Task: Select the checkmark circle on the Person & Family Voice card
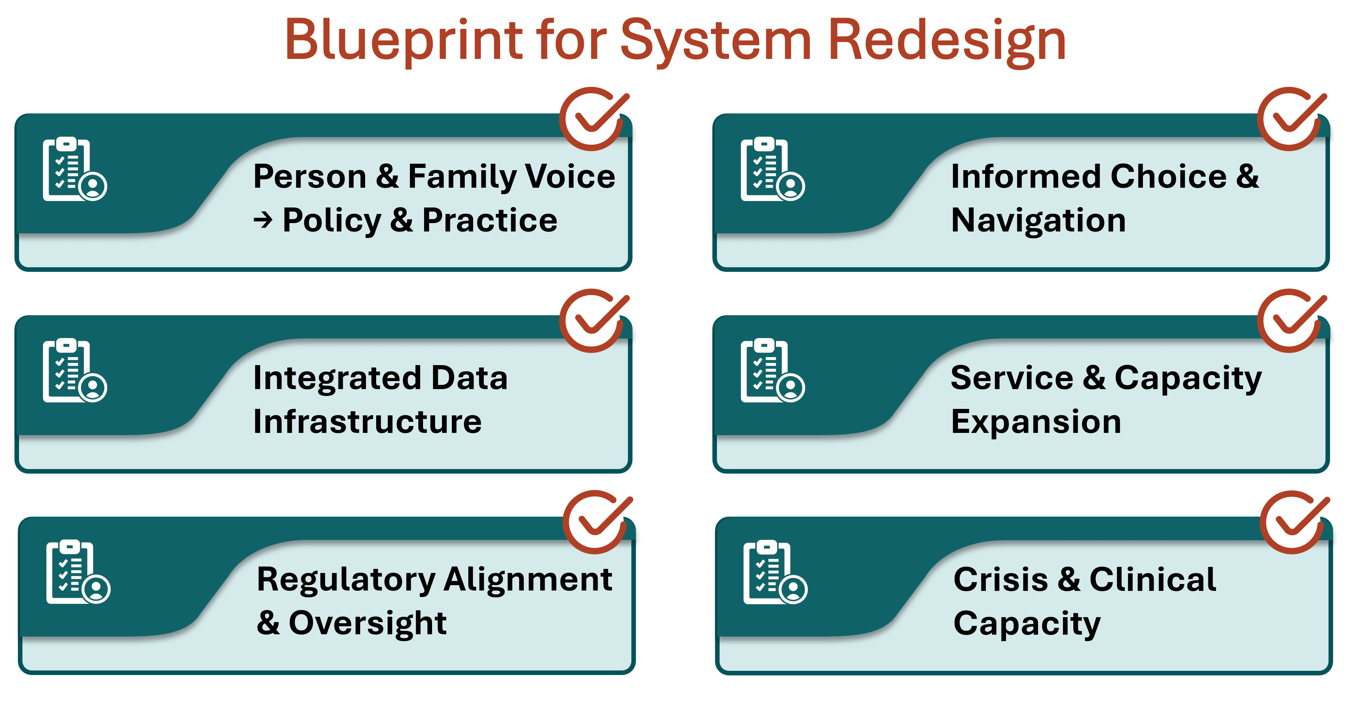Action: coord(593,119)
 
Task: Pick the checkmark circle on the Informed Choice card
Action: coord(1290,119)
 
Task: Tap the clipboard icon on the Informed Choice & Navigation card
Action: coord(772,169)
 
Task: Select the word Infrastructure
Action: coord(367,422)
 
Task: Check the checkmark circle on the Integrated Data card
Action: coord(593,320)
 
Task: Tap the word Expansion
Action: coord(1036,422)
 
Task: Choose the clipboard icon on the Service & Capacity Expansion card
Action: coord(772,370)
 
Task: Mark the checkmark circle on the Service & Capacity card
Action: coord(1290,320)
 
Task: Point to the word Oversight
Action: coord(367,623)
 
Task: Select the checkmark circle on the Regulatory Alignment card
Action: coord(596,522)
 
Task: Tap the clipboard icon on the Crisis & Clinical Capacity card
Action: coord(775,572)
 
